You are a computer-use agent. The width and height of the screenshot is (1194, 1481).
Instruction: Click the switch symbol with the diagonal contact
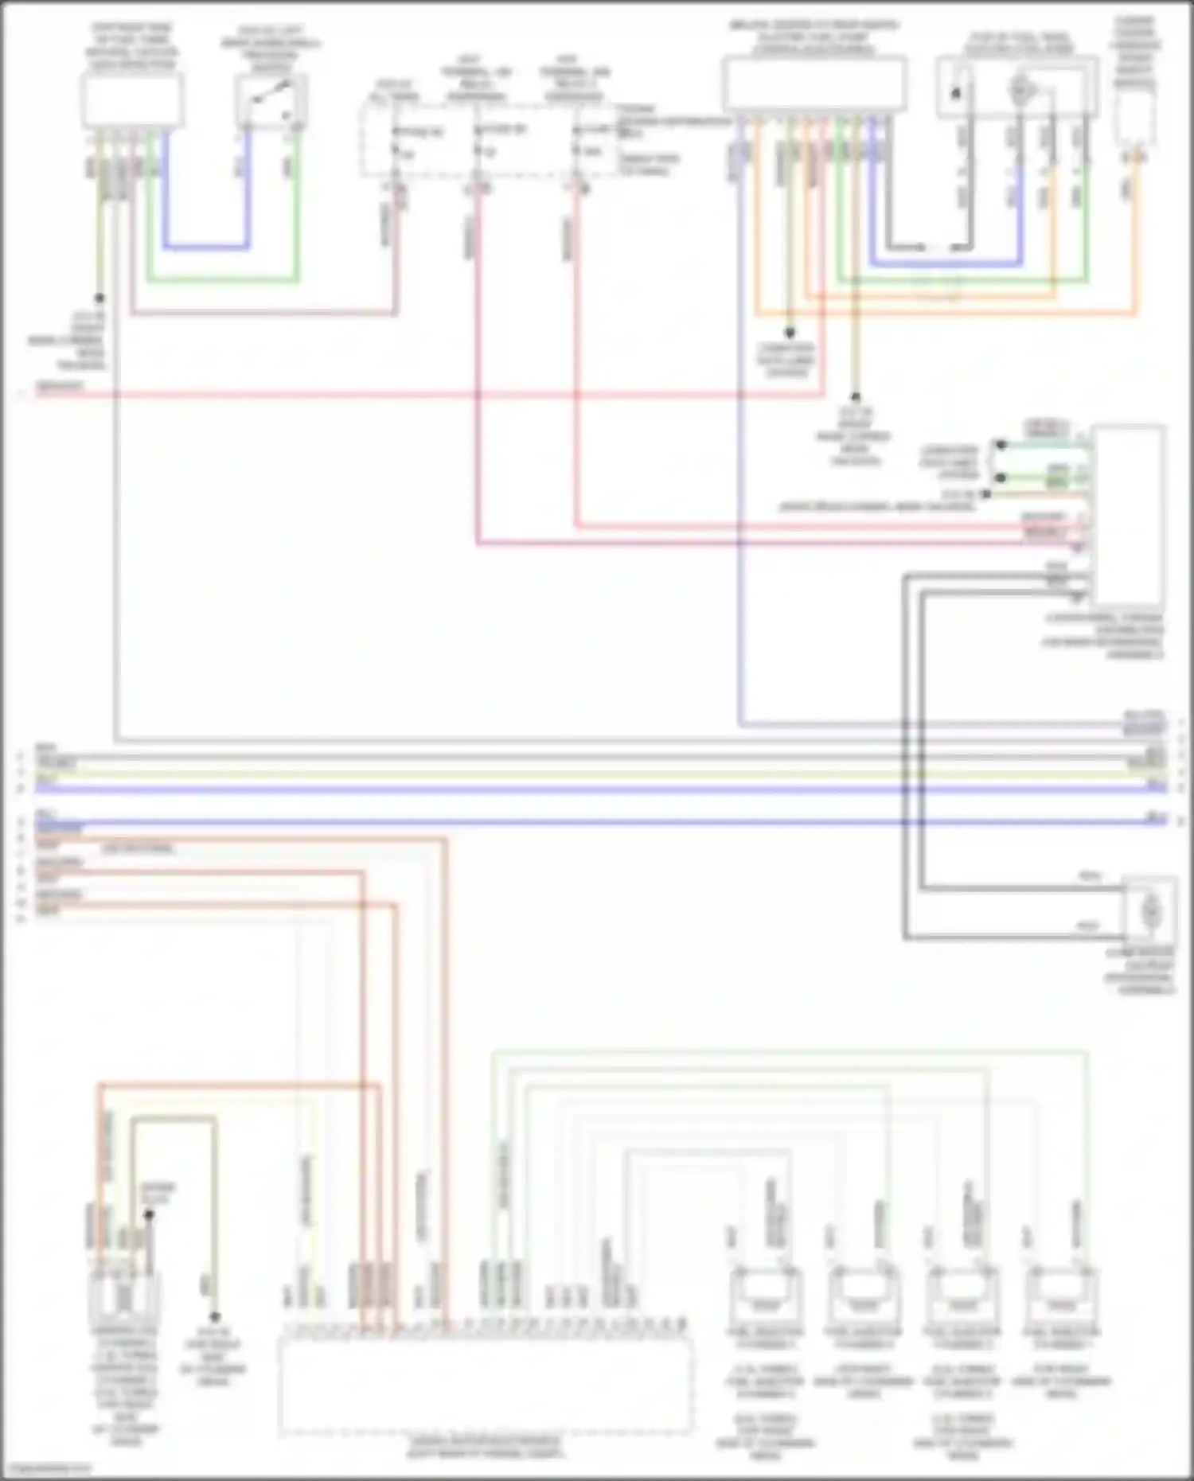271,101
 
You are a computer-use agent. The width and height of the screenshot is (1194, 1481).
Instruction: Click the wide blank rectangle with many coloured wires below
814,84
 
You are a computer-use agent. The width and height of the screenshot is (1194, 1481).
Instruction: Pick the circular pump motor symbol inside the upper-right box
1018,90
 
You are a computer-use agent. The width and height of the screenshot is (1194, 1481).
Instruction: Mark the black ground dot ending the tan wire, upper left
99,299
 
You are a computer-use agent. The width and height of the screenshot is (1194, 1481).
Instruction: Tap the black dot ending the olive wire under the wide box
856,396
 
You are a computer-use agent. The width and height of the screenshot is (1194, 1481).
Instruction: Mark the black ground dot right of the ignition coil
214,1317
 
